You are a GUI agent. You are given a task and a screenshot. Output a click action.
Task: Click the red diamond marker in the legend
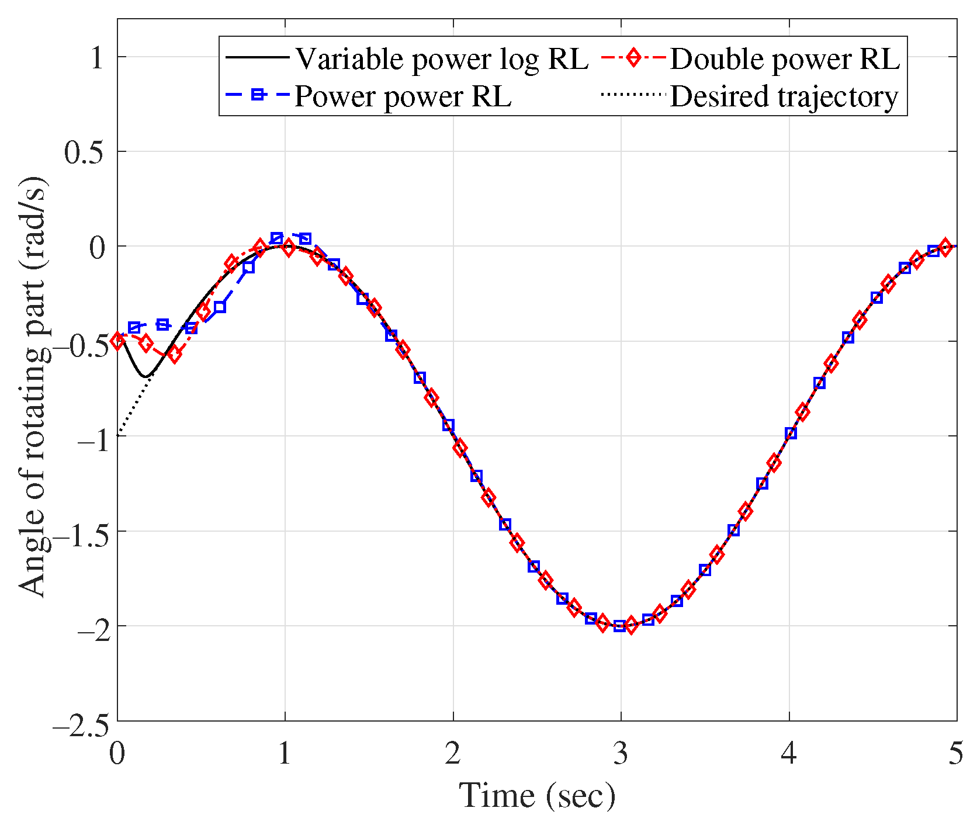coord(632,58)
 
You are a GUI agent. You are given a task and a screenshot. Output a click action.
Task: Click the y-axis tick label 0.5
coord(84,152)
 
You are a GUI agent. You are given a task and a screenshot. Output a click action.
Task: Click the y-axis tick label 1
coord(98,57)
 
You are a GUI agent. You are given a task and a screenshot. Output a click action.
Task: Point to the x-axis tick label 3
coord(621,754)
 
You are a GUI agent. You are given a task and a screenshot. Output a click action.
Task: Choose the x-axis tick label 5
coord(955,754)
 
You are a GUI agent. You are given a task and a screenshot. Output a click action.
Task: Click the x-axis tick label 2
coord(452,754)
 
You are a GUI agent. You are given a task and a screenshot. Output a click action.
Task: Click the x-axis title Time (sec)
coord(537,796)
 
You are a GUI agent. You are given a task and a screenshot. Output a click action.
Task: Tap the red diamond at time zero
coord(118,341)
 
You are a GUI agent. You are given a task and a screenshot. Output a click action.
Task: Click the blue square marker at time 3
coord(619,626)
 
